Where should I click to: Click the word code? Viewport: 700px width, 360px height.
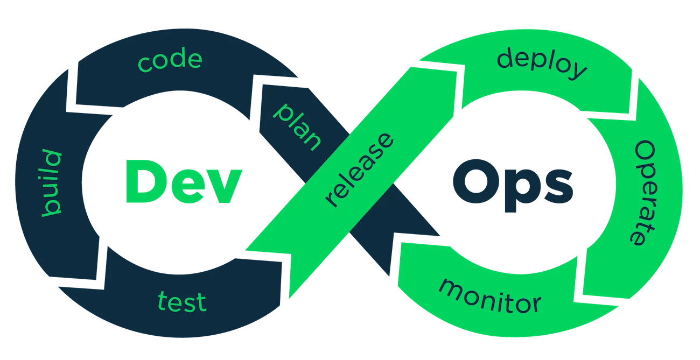(x=170, y=61)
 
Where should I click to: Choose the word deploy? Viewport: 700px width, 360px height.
(x=542, y=63)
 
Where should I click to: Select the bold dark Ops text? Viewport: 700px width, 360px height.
(x=510, y=183)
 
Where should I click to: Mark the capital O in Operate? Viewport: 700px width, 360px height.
(x=646, y=152)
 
